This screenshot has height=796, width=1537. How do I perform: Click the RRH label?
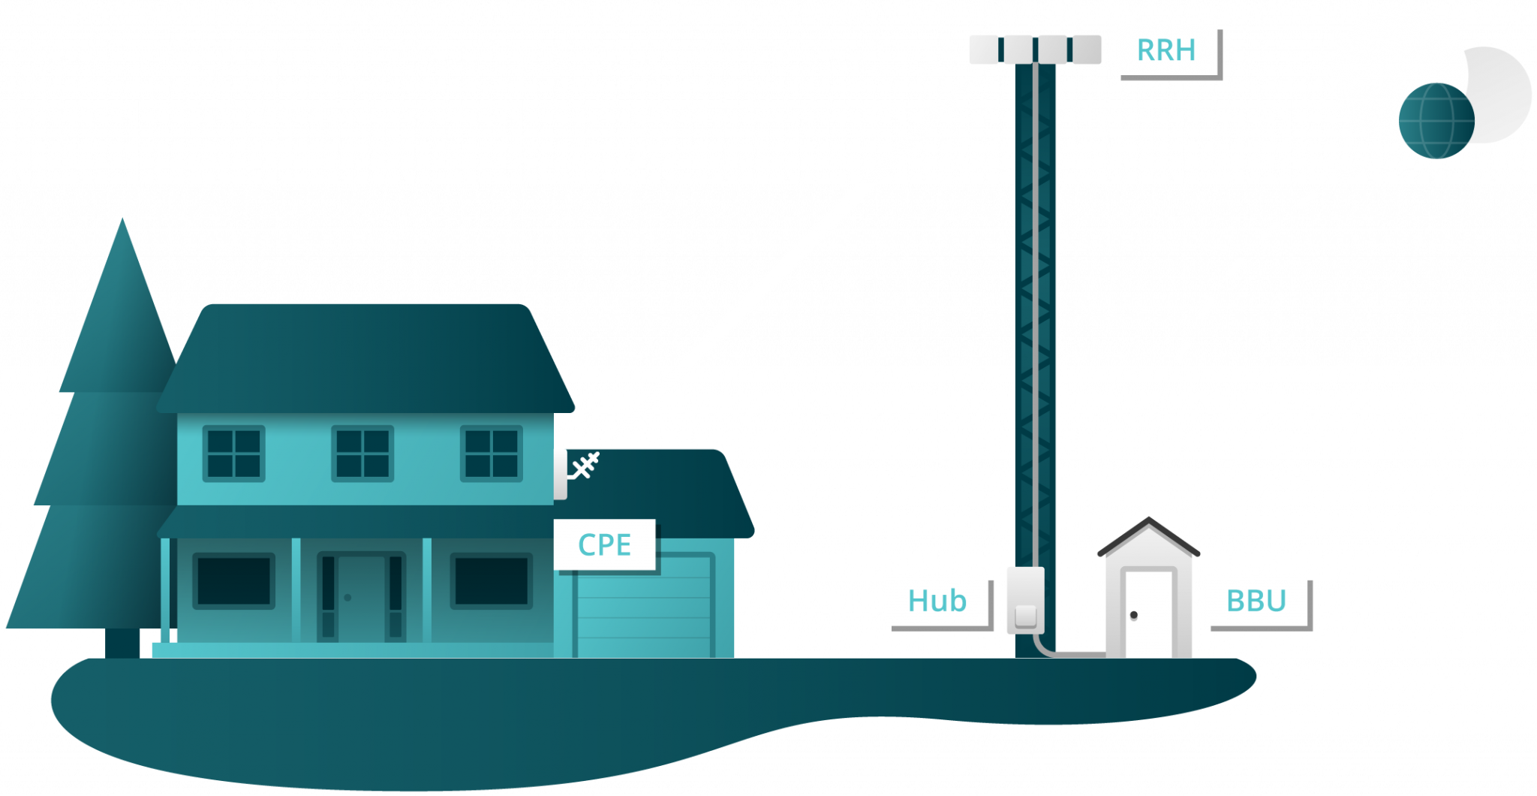pos(1166,50)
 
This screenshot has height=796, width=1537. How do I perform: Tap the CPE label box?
pos(604,544)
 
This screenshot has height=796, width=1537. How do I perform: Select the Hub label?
pos(937,600)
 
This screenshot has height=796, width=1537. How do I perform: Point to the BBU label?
pos(1256,600)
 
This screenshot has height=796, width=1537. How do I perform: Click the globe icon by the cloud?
pos(1436,120)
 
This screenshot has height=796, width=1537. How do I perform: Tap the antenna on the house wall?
pos(584,466)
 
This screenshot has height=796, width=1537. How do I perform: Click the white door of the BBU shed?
pos(1146,612)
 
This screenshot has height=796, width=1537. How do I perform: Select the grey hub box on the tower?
pos(1024,599)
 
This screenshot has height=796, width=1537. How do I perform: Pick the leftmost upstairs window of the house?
pos(233,454)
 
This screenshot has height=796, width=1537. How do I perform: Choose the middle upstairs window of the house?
pos(362,454)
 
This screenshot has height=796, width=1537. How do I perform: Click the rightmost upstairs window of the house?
pos(492,454)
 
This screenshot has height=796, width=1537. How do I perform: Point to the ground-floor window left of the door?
pos(233,580)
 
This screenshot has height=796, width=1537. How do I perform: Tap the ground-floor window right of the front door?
pos(492,580)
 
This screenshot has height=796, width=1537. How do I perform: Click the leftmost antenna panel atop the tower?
pos(984,50)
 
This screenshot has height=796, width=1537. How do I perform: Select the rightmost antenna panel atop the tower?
pos(1087,50)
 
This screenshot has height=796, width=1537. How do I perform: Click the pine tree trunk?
pos(122,642)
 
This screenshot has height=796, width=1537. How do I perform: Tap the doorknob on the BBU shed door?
pos(1133,616)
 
